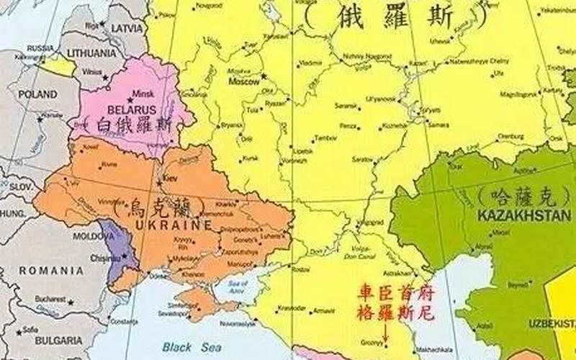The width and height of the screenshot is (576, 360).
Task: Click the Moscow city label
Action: (x=243, y=82)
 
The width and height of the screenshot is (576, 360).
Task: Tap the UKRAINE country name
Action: (x=177, y=224)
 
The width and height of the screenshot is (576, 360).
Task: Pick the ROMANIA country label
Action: (x=51, y=270)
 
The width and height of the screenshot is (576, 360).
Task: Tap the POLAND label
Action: (x=37, y=94)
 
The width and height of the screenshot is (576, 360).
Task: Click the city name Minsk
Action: (x=143, y=94)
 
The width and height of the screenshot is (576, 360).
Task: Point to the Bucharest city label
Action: (x=49, y=297)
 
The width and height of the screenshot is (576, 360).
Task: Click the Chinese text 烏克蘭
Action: (x=151, y=207)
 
